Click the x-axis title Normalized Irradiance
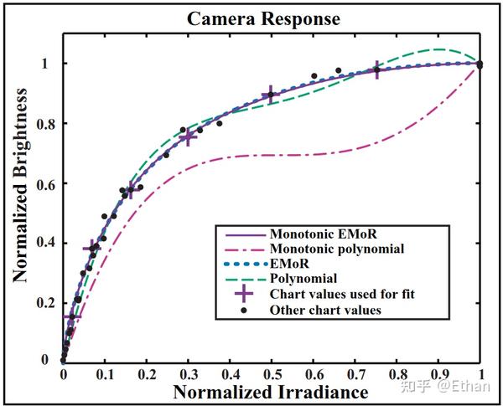point(271,392)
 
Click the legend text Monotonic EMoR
point(314,234)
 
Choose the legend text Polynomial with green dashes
point(303,279)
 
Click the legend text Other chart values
point(325,310)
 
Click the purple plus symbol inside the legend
point(243,294)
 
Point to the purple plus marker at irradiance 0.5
point(270,95)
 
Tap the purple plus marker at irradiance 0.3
point(188,137)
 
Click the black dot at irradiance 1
point(480,64)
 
